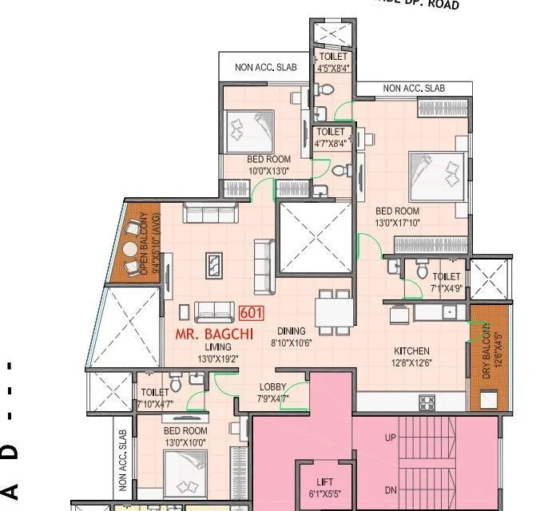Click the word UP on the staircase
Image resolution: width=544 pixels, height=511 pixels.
(x=391, y=438)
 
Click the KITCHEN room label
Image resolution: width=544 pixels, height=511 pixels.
(x=412, y=351)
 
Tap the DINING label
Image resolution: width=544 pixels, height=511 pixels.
(x=292, y=331)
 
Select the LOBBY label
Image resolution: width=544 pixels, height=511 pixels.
(x=272, y=387)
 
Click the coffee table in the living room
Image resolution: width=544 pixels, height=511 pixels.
(x=215, y=264)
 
